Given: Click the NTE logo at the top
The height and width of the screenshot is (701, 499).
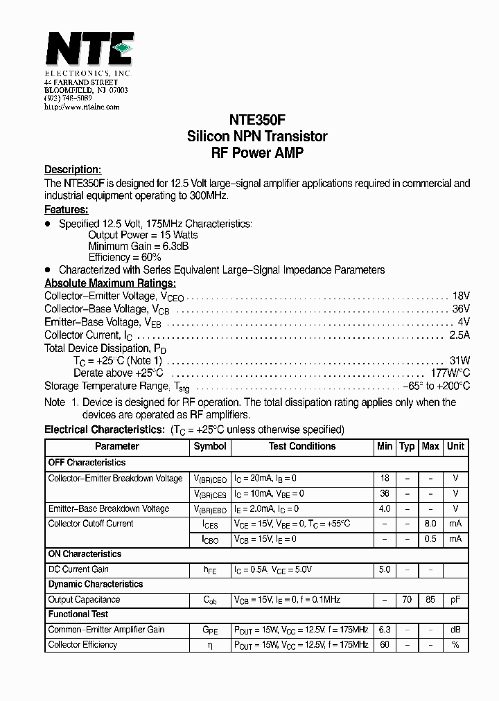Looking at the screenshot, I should [x=89, y=49].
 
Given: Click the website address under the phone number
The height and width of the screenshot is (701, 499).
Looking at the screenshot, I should [x=82, y=107].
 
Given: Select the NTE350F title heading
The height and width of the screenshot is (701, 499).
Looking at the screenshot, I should [x=257, y=120].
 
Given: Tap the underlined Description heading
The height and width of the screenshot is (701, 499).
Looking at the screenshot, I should [x=73, y=170].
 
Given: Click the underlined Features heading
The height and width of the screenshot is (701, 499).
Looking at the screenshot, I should [x=66, y=209].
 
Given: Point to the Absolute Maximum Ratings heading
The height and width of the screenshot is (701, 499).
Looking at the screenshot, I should [x=110, y=283].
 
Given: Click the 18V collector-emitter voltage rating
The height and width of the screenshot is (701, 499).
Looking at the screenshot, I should [x=461, y=296].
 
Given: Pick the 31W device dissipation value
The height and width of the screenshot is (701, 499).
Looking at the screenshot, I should [x=459, y=361].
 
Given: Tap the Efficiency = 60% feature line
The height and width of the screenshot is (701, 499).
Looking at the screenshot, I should [x=125, y=257].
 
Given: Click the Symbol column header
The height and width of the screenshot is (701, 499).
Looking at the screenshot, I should [x=210, y=447].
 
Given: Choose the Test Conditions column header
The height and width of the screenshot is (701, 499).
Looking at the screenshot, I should [x=302, y=447].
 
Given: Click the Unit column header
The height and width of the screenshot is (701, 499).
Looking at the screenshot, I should [x=455, y=447].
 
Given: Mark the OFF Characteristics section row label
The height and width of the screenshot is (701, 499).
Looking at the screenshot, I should [x=87, y=462].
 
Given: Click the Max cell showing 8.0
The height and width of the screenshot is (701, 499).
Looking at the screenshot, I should [x=430, y=524].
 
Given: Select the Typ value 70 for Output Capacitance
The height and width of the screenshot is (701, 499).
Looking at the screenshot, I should [x=407, y=599].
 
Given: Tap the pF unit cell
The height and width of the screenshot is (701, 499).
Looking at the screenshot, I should [x=455, y=599].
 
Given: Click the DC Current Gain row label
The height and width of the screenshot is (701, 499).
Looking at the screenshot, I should [x=78, y=569].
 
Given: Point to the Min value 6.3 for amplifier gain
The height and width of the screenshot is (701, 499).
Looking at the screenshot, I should [x=385, y=630].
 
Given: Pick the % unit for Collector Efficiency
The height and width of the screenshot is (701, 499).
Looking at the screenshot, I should [x=455, y=645].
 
